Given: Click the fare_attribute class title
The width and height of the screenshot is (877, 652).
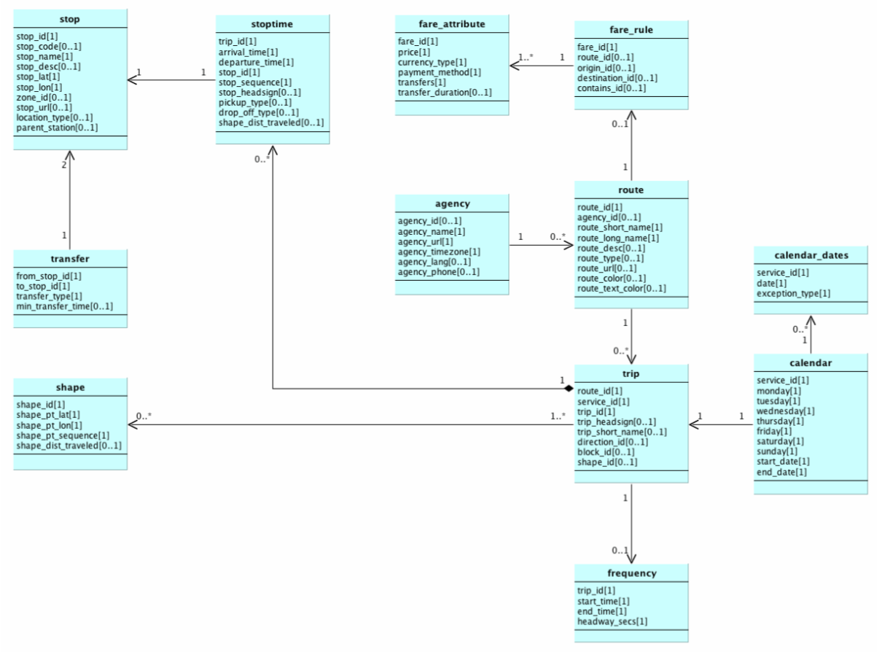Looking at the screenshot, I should (452, 26).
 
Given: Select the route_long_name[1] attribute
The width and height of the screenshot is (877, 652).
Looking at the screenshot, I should (617, 238).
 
